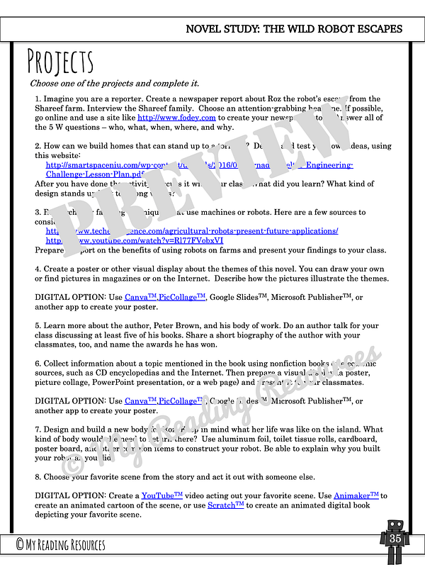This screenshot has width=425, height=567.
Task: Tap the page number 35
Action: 395,539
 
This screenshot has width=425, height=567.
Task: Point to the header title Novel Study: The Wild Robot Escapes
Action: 293,29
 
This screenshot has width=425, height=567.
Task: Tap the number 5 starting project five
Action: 38,326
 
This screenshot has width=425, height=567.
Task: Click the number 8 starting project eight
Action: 38,476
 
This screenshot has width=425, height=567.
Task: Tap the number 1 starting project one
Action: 38,99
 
